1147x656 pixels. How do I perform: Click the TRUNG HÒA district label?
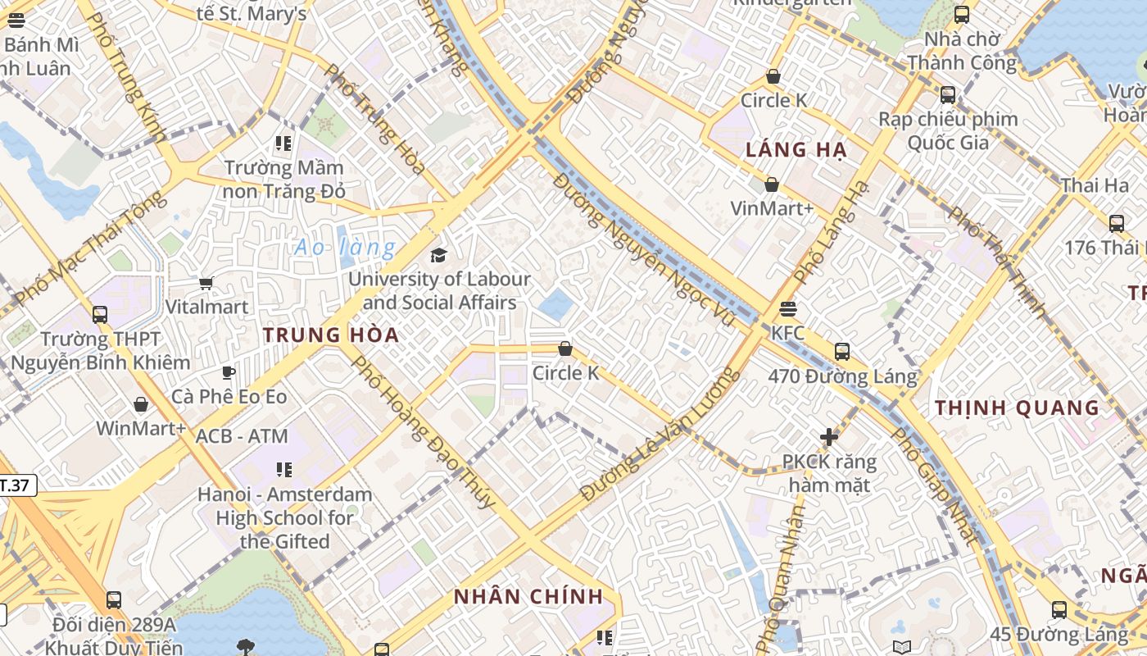pos(331,335)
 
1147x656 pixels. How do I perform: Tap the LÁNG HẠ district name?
pos(796,150)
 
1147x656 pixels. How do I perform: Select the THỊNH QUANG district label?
pos(1017,408)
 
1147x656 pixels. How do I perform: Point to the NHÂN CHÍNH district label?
pos(528,596)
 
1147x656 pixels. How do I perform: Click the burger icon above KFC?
pos(788,308)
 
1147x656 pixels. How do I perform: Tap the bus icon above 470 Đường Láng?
pos(841,352)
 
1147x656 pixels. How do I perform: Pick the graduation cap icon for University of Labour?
pos(439,255)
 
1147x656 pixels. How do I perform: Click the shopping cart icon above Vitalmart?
pos(206,283)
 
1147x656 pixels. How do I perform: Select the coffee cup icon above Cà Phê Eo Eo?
pos(229,372)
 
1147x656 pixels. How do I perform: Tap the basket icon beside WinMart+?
pos(141,404)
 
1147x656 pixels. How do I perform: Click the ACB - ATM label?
pos(242,436)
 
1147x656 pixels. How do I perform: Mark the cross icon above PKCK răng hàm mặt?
pos(828,437)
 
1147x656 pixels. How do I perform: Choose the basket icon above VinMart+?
pos(771,184)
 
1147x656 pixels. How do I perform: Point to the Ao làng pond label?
pos(345,247)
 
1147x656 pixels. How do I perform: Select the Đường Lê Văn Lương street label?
pos(660,435)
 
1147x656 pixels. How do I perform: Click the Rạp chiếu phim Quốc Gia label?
pos(948,130)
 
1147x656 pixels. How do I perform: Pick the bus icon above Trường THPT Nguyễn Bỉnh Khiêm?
pos(100,314)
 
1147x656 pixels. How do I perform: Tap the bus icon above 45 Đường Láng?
pos(1059,609)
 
